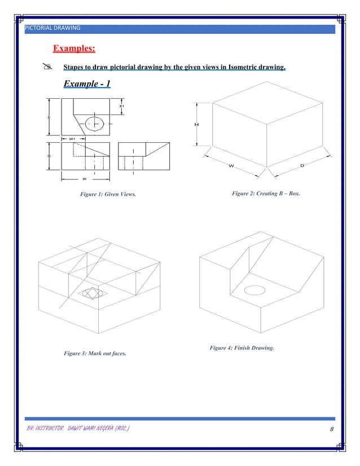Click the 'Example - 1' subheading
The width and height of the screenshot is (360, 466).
pos(87,84)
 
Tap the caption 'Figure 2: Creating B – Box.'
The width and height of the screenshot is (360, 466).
pos(266,194)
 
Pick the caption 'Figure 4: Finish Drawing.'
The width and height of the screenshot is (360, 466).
pos(242,348)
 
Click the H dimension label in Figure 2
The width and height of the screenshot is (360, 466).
pos(196,125)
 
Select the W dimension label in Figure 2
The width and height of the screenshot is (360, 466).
pos(231,165)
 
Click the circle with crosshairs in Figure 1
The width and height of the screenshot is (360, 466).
pos(94,124)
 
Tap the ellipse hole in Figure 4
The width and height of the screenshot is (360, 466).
pos(254,289)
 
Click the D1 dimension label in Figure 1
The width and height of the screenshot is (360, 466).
pos(121,105)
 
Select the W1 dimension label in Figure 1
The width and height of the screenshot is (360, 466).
pos(72,138)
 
